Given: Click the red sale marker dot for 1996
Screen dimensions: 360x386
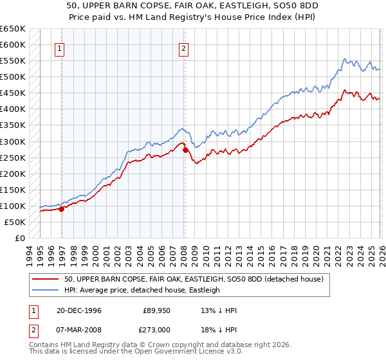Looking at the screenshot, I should pos(62,208).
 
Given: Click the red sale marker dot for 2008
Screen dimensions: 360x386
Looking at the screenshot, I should pos(185,150).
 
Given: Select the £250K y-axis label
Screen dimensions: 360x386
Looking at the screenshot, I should pos(13,157).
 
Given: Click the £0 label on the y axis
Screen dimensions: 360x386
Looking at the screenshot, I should pos(19,238).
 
